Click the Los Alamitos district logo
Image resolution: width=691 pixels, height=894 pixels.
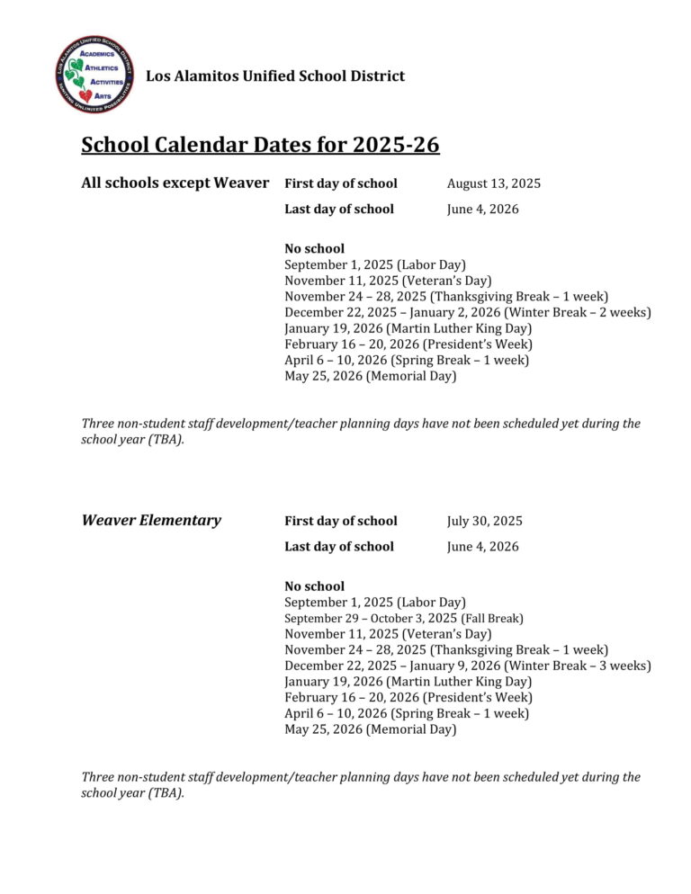(x=94, y=75)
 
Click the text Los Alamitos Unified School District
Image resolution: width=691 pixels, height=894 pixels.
(x=275, y=76)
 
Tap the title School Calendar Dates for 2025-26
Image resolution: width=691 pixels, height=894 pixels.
(x=260, y=145)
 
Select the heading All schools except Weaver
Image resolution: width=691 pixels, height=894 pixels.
(x=175, y=183)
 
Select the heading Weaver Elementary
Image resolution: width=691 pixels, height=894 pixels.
(x=151, y=521)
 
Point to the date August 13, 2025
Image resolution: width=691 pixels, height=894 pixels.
(x=494, y=183)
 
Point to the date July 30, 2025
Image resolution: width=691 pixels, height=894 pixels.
(x=484, y=522)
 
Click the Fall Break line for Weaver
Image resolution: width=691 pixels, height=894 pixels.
(x=404, y=619)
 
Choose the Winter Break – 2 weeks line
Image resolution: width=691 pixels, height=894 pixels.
(x=467, y=313)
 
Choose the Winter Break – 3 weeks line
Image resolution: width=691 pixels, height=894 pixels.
(x=467, y=666)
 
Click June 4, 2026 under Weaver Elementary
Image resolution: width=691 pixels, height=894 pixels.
(x=482, y=547)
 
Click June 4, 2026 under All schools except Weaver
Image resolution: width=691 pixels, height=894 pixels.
(x=482, y=210)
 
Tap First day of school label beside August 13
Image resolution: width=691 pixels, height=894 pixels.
(x=340, y=183)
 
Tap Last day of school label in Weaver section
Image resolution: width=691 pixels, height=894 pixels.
(x=338, y=547)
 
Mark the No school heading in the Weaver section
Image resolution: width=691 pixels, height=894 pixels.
(x=314, y=586)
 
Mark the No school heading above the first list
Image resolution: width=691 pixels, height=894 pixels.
(x=314, y=248)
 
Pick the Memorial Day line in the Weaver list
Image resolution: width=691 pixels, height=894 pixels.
(x=370, y=729)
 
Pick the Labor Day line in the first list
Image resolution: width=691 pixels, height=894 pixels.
(x=374, y=264)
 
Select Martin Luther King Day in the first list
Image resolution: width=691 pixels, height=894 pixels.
(x=408, y=329)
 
